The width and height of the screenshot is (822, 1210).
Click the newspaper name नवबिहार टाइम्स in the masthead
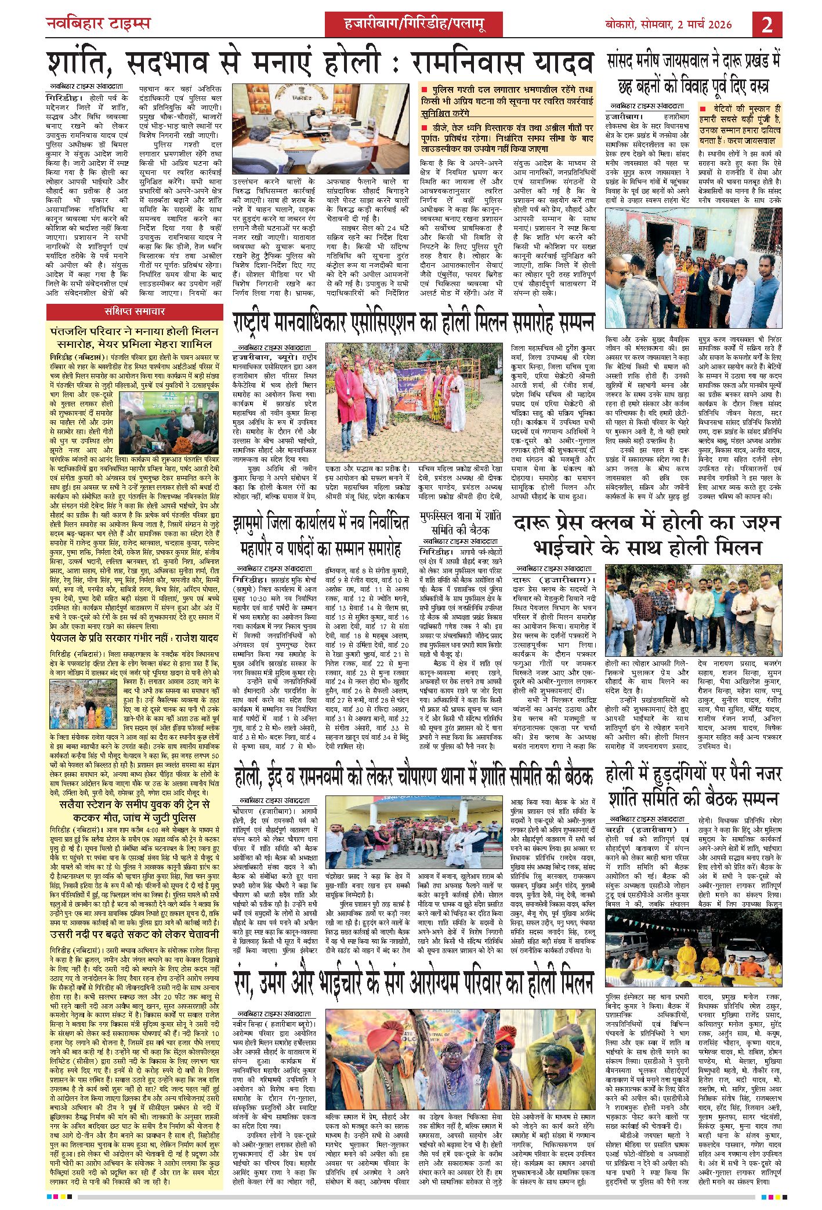point(98,24)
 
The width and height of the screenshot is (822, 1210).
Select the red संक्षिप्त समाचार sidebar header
point(135,311)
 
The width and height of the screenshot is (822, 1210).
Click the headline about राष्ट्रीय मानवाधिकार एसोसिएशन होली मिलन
point(414,321)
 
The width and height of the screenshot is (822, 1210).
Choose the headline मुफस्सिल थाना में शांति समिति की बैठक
point(459,522)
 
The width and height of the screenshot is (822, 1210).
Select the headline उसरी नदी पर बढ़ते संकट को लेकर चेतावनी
point(134,918)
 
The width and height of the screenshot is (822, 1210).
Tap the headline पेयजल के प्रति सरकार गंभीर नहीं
point(134,638)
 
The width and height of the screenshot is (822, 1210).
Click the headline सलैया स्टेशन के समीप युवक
point(134,810)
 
